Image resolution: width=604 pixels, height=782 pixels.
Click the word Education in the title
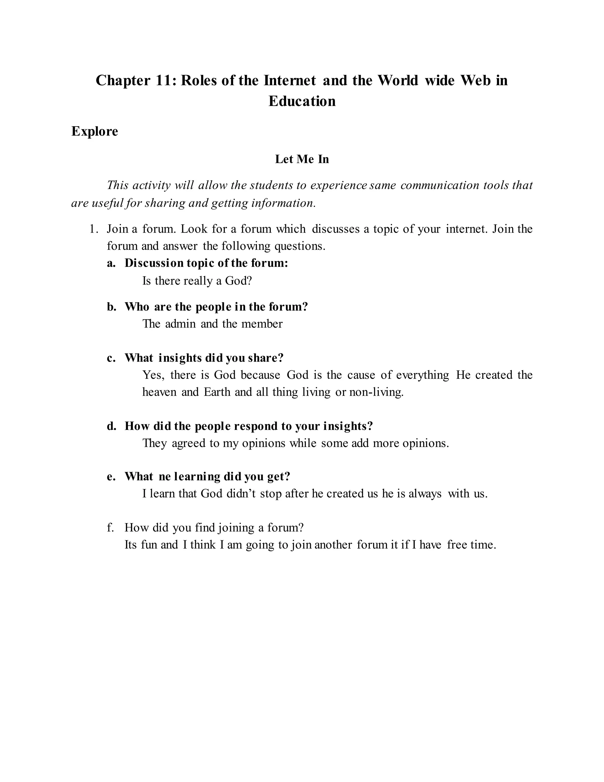[302, 101]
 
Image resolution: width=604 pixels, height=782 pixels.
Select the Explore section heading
[94, 131]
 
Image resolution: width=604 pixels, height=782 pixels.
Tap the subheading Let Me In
[302, 159]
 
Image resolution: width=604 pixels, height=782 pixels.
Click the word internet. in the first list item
[467, 229]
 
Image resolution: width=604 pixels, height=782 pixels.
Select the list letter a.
[111, 264]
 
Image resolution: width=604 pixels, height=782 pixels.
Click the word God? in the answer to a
[238, 281]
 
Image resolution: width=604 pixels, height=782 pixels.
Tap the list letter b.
[111, 307]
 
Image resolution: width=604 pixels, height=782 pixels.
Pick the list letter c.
[111, 358]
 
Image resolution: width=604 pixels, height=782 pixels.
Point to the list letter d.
[111, 426]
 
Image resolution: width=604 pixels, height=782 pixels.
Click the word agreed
[188, 444]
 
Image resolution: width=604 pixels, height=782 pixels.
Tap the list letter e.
[111, 477]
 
